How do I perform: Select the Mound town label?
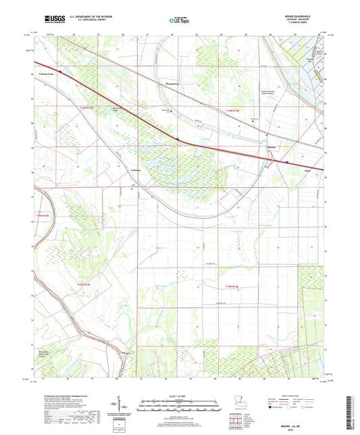pyautogui.click(x=272, y=146)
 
